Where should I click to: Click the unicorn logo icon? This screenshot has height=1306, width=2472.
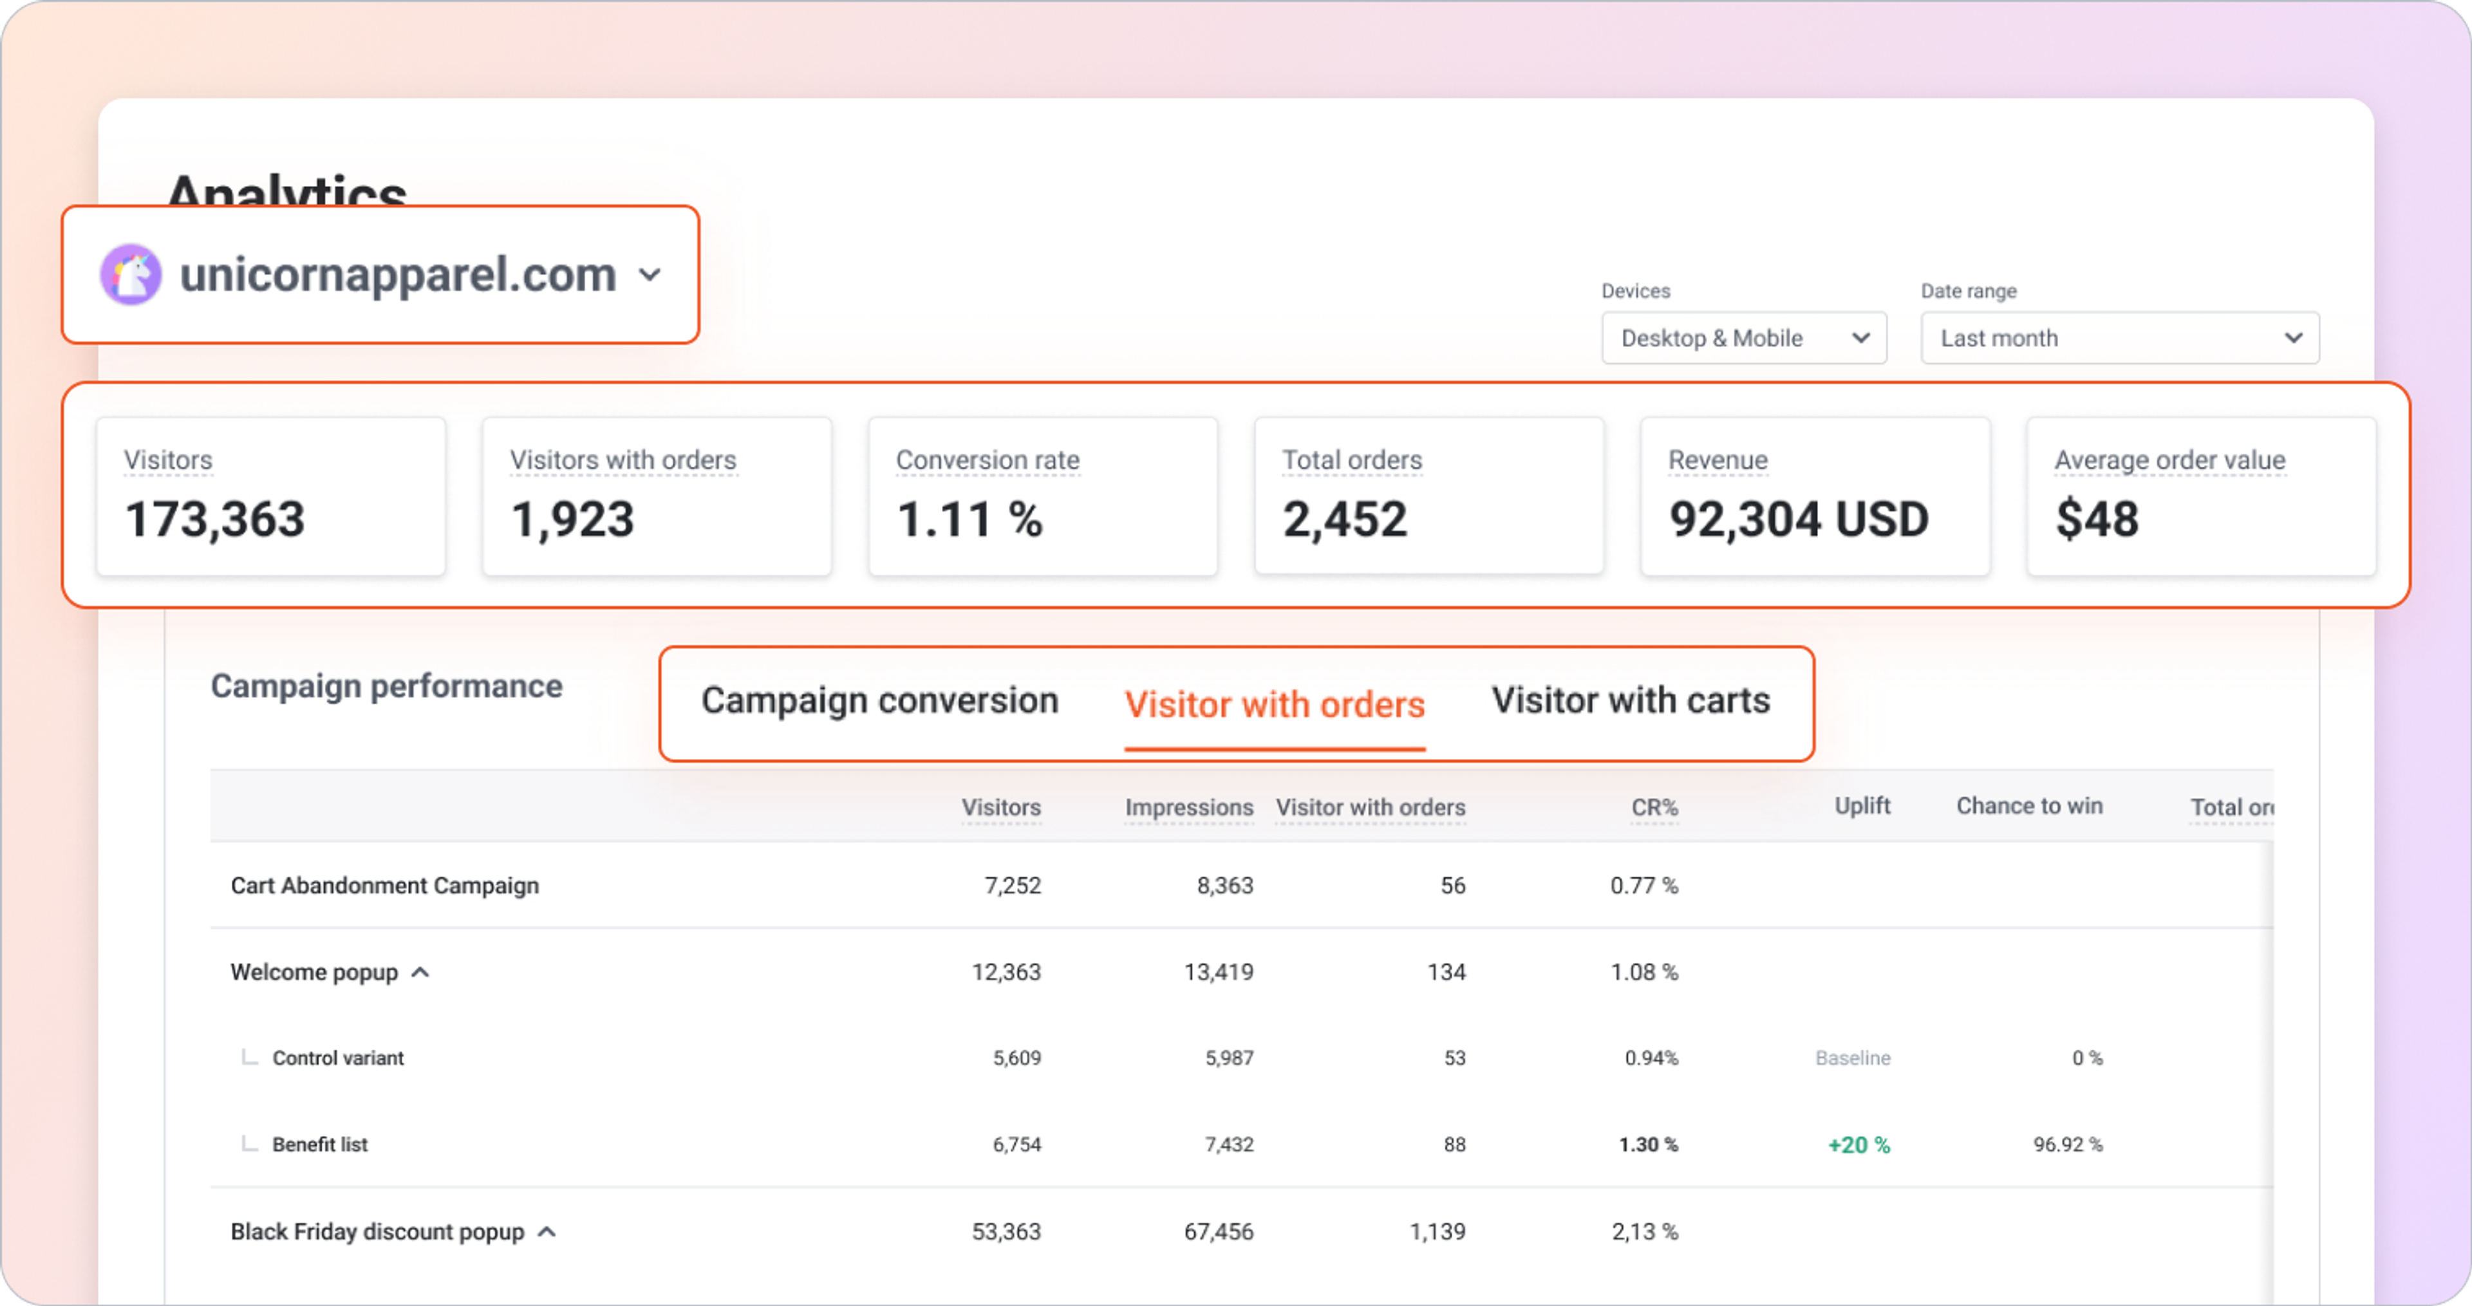pyautogui.click(x=131, y=274)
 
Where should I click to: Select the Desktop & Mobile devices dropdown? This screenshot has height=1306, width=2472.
pyautogui.click(x=1743, y=338)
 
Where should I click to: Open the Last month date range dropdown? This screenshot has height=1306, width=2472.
pyautogui.click(x=2119, y=338)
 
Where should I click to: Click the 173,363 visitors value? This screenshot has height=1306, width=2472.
pyautogui.click(x=215, y=519)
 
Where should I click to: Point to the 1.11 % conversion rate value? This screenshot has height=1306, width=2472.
pyautogui.click(x=969, y=519)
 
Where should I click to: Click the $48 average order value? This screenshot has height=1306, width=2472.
pyautogui.click(x=2097, y=519)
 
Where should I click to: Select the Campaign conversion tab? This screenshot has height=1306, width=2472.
pyautogui.click(x=879, y=700)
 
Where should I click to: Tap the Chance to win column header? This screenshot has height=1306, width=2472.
pyautogui.click(x=2028, y=806)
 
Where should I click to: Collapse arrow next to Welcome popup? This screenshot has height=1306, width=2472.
pyautogui.click(x=420, y=972)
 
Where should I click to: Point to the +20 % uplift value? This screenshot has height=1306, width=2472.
pyautogui.click(x=1858, y=1145)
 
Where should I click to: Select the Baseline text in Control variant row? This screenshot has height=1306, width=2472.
pyautogui.click(x=1852, y=1058)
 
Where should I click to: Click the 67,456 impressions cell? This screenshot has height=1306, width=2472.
pyautogui.click(x=1218, y=1231)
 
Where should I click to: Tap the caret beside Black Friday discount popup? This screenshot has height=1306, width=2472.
pyautogui.click(x=547, y=1231)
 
